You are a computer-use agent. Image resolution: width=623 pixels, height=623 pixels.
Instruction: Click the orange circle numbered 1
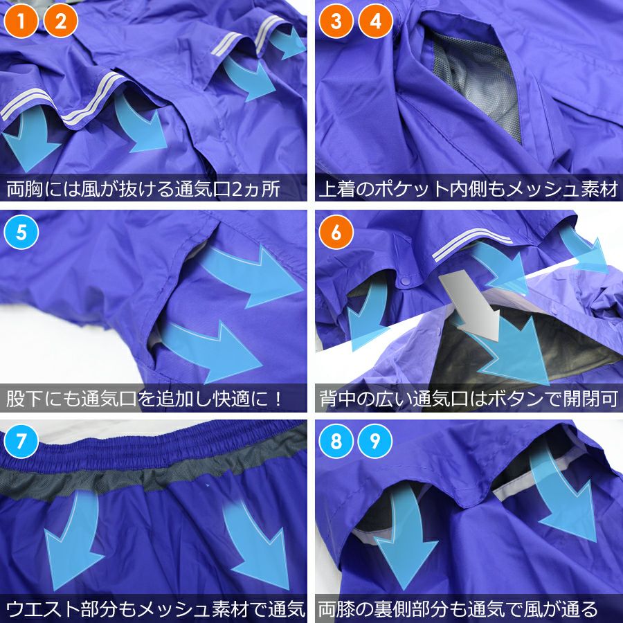click(21, 21)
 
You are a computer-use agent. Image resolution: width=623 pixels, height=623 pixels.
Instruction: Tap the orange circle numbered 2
click(60, 21)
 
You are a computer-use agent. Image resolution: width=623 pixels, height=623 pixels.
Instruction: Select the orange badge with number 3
click(336, 21)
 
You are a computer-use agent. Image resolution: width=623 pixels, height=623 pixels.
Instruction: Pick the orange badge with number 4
click(375, 21)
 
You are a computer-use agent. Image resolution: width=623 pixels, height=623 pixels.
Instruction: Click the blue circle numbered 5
click(21, 232)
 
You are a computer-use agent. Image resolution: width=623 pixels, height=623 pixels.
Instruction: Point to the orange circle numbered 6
click(336, 232)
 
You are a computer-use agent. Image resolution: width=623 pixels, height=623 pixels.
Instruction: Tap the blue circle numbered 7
click(21, 441)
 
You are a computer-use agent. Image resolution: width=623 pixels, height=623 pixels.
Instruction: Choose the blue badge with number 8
click(336, 441)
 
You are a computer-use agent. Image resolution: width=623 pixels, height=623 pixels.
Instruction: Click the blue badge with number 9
click(375, 441)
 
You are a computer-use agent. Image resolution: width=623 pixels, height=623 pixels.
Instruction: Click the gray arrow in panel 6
click(471, 304)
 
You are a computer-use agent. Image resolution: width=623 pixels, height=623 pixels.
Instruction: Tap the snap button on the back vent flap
click(405, 281)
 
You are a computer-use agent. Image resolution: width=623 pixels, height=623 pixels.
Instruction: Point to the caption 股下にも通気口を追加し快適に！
click(145, 399)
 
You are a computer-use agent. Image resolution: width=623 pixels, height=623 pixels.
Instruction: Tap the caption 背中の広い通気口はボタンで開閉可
click(469, 399)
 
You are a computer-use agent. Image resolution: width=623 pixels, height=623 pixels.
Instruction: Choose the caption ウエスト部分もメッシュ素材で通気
click(155, 608)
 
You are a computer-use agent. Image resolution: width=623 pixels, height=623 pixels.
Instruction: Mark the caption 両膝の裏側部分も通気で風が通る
click(458, 608)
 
